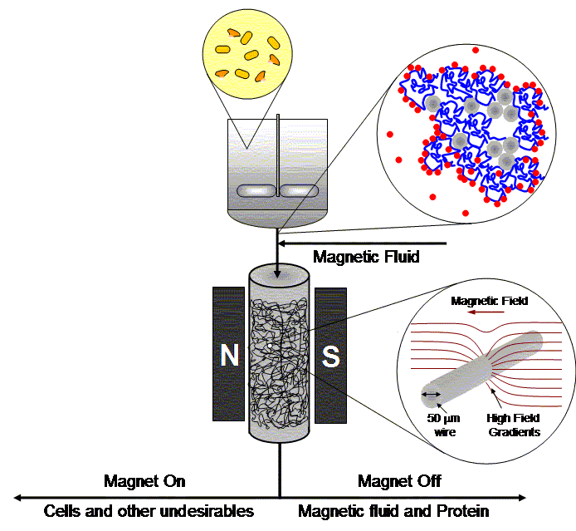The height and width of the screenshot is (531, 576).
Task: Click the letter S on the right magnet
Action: [x=330, y=356]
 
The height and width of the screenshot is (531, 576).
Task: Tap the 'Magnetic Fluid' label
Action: [x=366, y=257]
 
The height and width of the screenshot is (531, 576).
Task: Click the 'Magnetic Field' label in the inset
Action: [x=489, y=301]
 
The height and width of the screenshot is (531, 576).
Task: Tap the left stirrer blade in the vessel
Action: [x=256, y=190]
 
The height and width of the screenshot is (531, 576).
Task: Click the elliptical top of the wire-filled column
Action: [x=280, y=273]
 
